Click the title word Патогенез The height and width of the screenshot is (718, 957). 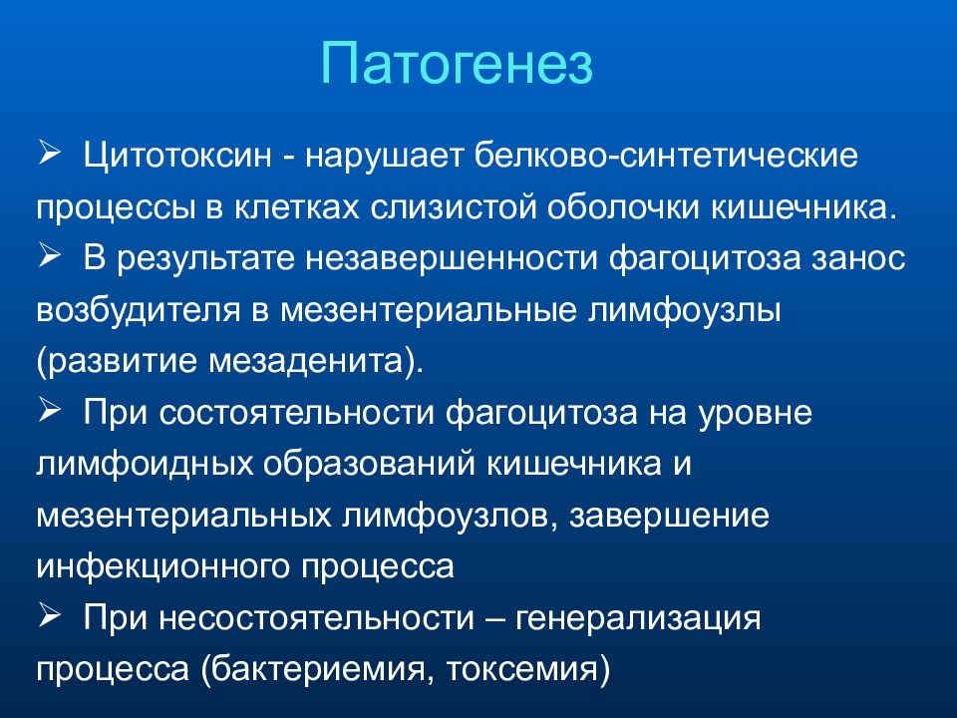click(x=457, y=64)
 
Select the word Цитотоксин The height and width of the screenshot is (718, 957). click(x=177, y=156)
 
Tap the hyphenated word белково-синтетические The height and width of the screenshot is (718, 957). click(x=666, y=156)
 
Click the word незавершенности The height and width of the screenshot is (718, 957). click(x=451, y=259)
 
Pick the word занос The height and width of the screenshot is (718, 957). click(x=857, y=259)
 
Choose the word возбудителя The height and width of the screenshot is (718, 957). click(x=139, y=310)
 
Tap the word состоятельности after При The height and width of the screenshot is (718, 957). click(x=297, y=413)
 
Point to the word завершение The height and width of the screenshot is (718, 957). click(x=669, y=516)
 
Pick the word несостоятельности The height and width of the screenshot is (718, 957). click(x=317, y=618)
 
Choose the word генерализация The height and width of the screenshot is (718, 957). click(x=638, y=618)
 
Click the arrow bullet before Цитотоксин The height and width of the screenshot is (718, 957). click(x=50, y=153)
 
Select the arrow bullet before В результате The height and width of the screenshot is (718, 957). click(x=50, y=255)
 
